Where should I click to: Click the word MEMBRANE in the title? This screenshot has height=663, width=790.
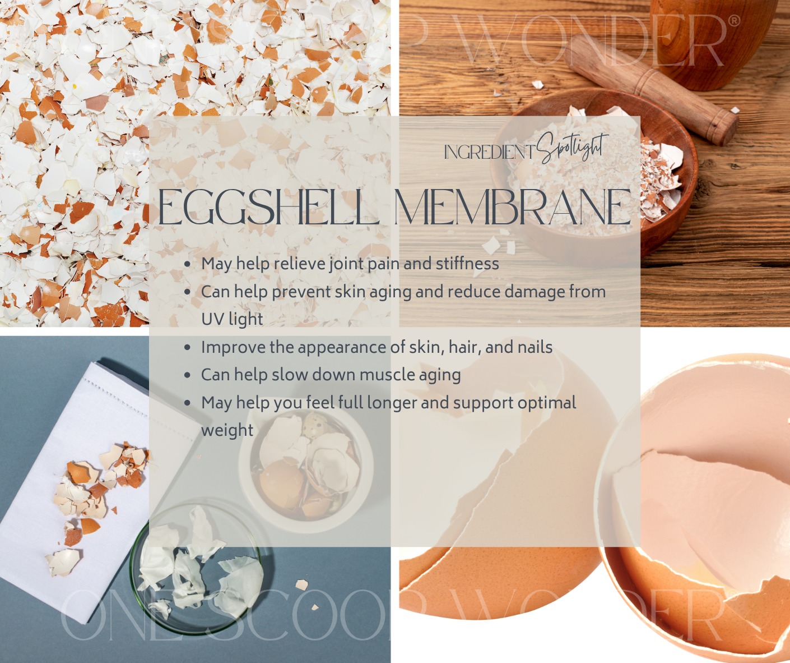pyautogui.click(x=512, y=207)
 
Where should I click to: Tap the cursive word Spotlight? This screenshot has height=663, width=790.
pyautogui.click(x=572, y=147)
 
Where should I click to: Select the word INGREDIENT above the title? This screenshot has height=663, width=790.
pyautogui.click(x=489, y=151)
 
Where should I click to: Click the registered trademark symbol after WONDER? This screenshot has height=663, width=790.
pyautogui.click(x=733, y=21)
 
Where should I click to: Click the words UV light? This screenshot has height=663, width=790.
pyautogui.click(x=232, y=319)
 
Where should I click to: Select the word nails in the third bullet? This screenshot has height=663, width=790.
pyautogui.click(x=535, y=347)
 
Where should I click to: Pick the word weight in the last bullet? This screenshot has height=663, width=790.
pyautogui.click(x=227, y=430)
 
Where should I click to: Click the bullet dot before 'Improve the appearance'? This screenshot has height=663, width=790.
pyautogui.click(x=187, y=348)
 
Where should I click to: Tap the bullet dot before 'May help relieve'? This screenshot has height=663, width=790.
pyautogui.click(x=187, y=264)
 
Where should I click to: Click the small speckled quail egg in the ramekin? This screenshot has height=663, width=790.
pyautogui.click(x=313, y=425)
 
